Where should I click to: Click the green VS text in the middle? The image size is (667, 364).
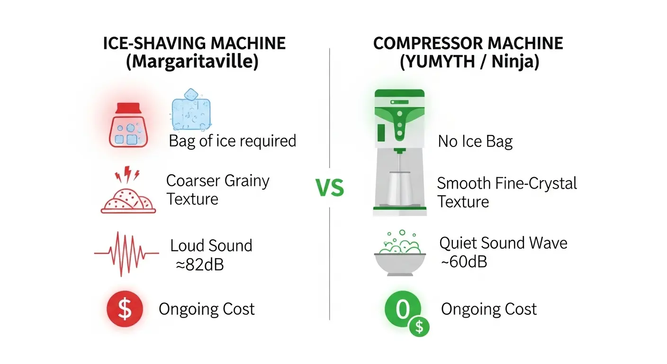click(x=330, y=188)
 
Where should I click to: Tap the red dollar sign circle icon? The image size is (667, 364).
click(x=125, y=309)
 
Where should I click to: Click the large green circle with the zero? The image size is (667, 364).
click(x=403, y=309)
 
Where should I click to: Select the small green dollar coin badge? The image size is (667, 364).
click(x=419, y=327)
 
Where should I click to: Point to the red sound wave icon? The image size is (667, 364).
click(x=126, y=254)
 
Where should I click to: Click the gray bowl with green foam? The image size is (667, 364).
click(x=400, y=253)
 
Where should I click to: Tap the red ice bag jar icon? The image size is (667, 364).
click(x=128, y=125)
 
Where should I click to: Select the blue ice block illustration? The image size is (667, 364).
click(x=191, y=110)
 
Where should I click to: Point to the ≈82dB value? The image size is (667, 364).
click(x=200, y=264)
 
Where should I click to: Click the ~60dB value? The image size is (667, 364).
click(x=464, y=262)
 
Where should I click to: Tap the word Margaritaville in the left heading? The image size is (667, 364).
click(x=192, y=62)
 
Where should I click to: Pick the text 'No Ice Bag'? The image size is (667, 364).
click(x=475, y=142)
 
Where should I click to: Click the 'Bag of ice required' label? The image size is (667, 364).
click(x=233, y=141)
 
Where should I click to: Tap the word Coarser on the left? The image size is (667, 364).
click(x=193, y=181)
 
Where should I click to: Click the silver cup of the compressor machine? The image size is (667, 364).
click(x=400, y=188)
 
